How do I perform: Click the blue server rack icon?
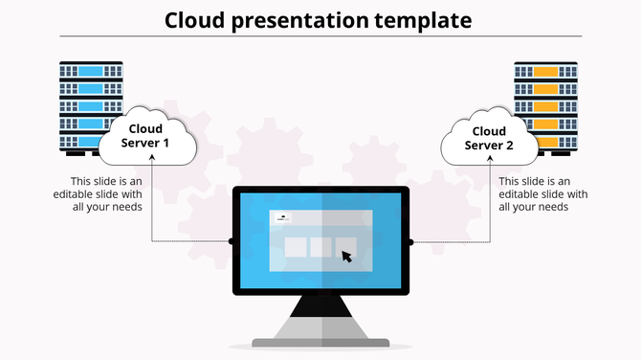coord(91,105)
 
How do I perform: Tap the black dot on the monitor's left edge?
coord(232,241)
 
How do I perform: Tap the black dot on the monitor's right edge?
coord(410,241)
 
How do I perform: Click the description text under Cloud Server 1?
coord(104,194)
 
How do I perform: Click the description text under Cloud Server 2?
coord(535,194)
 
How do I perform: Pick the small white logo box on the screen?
coord(283,217)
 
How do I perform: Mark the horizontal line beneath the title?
coord(320,35)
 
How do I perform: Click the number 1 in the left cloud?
coord(166,144)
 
